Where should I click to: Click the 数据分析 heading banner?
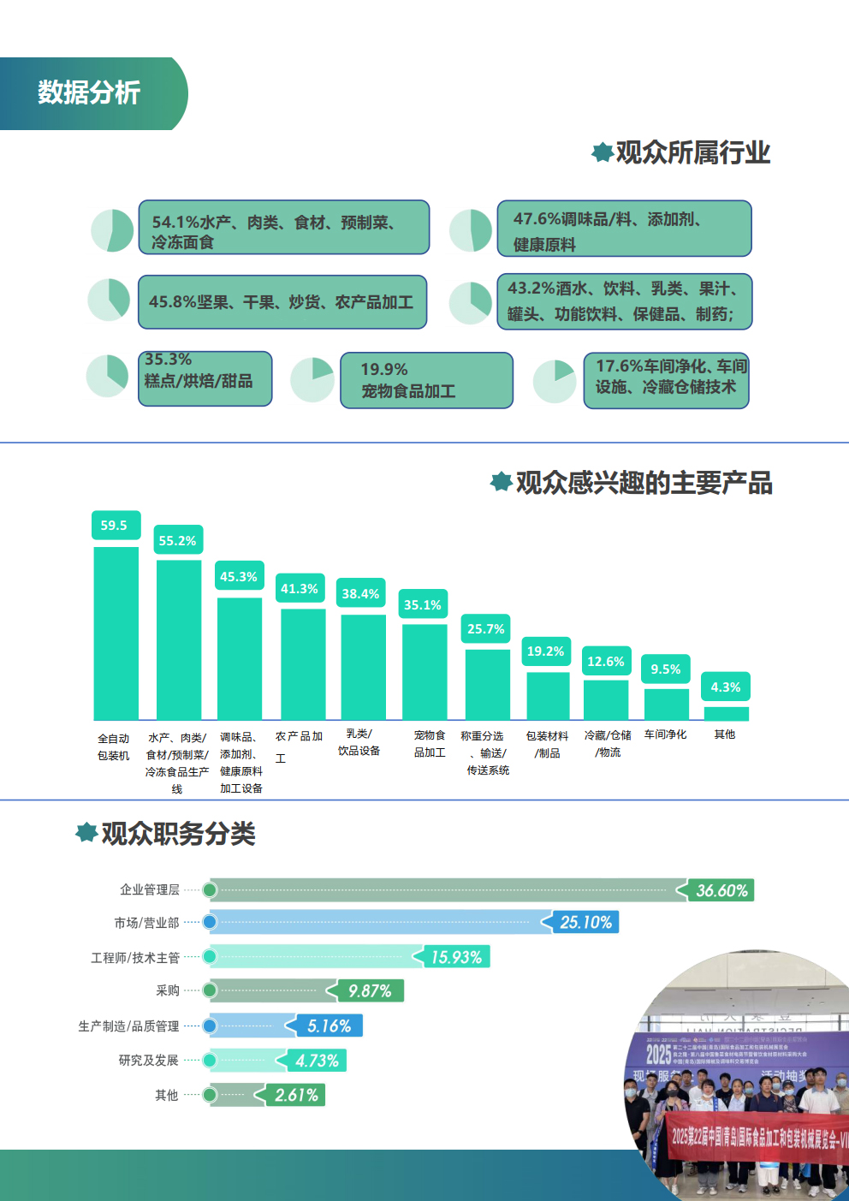tap(90, 93)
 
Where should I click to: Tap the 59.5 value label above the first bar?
tap(115, 526)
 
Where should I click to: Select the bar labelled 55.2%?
tap(178, 639)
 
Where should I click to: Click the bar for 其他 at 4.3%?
tap(726, 713)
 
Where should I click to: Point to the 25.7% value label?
tap(485, 629)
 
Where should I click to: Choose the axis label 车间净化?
tap(665, 734)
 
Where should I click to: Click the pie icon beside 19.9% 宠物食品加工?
tap(312, 380)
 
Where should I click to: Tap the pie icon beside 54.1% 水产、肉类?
tap(113, 230)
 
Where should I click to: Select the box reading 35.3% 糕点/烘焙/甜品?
tap(205, 378)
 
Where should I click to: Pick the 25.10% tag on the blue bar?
tap(585, 922)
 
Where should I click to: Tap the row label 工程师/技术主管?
tap(135, 958)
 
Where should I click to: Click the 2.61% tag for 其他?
tap(295, 1095)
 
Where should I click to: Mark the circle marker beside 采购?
tap(210, 991)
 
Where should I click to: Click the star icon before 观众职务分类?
tap(86, 832)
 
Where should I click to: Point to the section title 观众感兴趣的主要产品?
tap(644, 483)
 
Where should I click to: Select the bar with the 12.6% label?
tap(606, 699)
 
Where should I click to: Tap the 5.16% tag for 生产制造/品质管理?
tap(328, 1026)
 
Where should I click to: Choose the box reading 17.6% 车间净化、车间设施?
tap(666, 380)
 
